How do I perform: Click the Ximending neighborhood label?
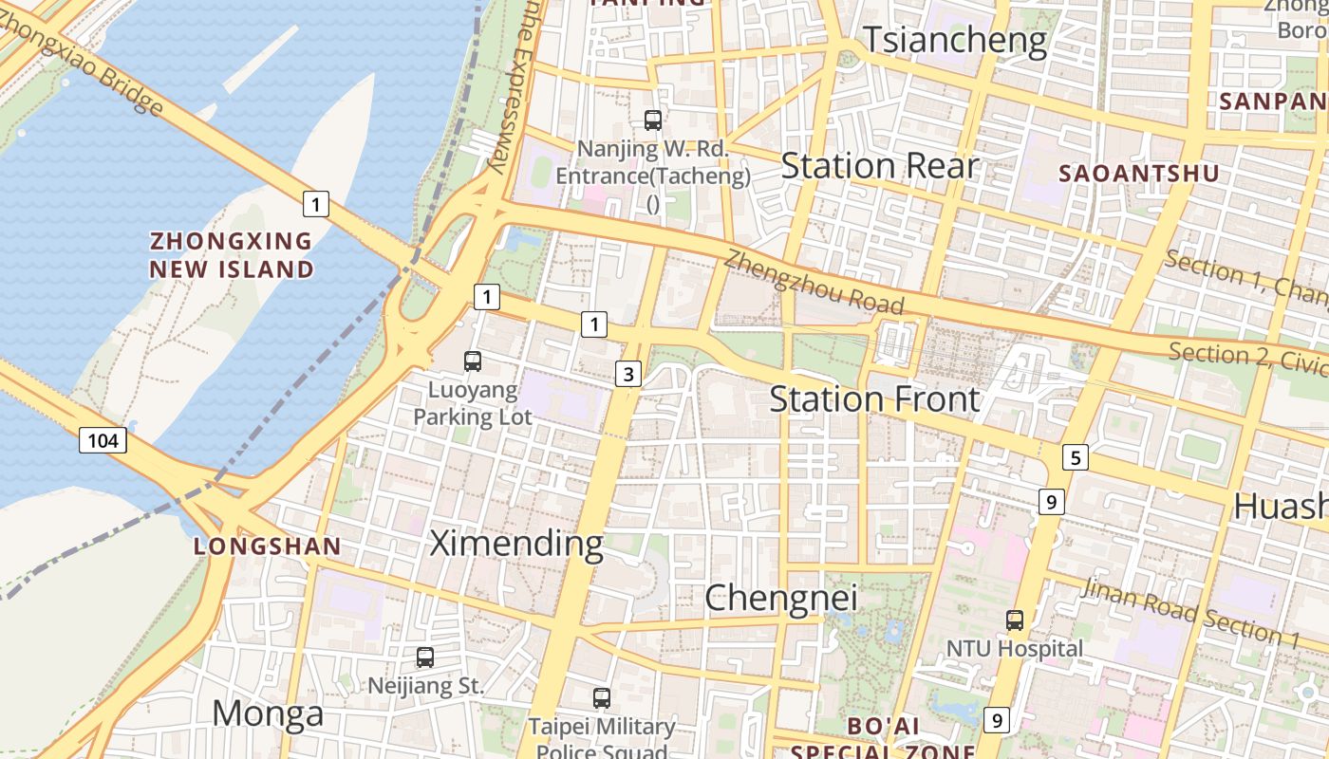click(516, 544)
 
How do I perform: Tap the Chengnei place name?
click(780, 598)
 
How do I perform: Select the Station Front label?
click(873, 399)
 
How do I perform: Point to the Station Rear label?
click(879, 166)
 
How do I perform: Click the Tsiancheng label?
click(954, 41)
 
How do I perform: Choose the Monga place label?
click(268, 713)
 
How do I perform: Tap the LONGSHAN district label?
click(267, 546)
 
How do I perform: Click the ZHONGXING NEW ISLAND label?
click(232, 255)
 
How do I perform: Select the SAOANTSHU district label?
click(1138, 174)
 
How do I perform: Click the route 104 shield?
click(103, 440)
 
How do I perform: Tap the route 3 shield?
click(627, 374)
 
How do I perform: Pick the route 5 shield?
click(1075, 458)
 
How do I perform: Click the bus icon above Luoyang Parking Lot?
click(473, 361)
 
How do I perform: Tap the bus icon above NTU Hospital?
click(1015, 620)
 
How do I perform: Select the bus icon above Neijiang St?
click(425, 657)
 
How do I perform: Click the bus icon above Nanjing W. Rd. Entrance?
click(653, 120)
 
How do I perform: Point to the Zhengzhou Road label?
click(814, 282)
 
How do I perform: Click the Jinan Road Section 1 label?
click(1190, 614)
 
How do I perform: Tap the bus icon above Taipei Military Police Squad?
click(601, 698)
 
